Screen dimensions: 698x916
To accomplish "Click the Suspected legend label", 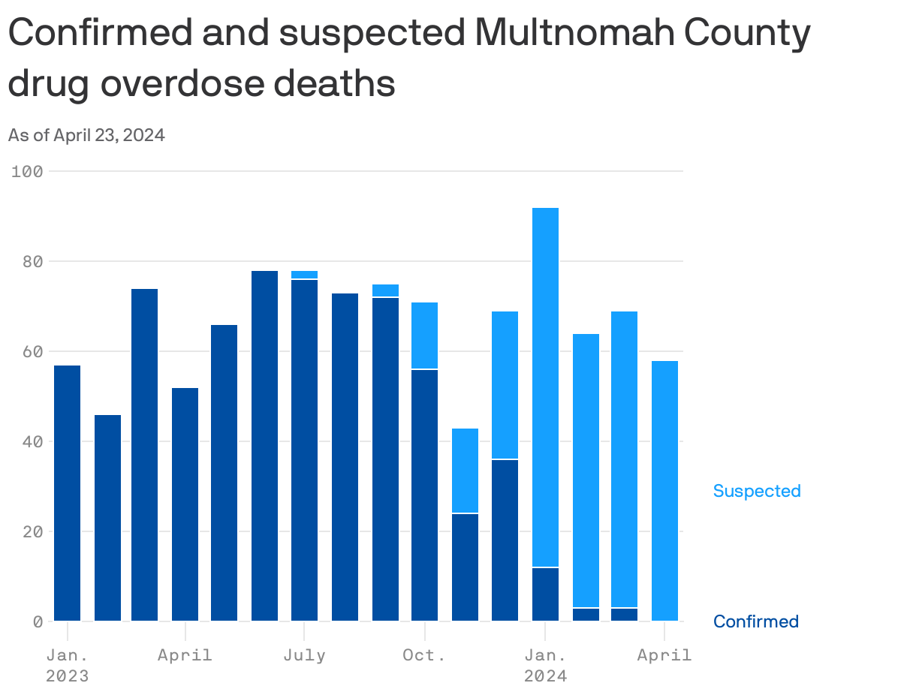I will pyautogui.click(x=756, y=491).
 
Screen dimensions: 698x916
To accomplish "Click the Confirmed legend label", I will pyautogui.click(x=755, y=621).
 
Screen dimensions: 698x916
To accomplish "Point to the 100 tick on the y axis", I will pyautogui.click(x=27, y=171).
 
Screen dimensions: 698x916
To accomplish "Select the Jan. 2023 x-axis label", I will pyautogui.click(x=67, y=665).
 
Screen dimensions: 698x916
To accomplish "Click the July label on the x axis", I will pyautogui.click(x=304, y=655).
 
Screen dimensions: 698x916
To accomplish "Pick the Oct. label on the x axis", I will pyautogui.click(x=424, y=655).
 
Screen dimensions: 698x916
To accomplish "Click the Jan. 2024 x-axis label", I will pyautogui.click(x=544, y=665).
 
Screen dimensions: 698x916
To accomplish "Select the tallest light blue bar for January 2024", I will pyautogui.click(x=545, y=387).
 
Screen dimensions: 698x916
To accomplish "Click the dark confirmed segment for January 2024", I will pyautogui.click(x=545, y=594).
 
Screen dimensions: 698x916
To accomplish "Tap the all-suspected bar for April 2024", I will pyautogui.click(x=664, y=491).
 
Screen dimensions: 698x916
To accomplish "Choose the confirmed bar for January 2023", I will pyautogui.click(x=68, y=493).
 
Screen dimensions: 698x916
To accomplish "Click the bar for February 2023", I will pyautogui.click(x=107, y=518).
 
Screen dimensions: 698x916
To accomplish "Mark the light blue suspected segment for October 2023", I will pyautogui.click(x=425, y=335).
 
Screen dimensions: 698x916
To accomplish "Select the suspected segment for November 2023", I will pyautogui.click(x=465, y=471).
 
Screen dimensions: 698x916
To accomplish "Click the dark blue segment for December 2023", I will pyautogui.click(x=505, y=540).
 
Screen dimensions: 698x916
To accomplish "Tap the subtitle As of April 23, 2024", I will pyautogui.click(x=86, y=135).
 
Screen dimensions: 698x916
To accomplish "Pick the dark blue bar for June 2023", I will pyautogui.click(x=264, y=446).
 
